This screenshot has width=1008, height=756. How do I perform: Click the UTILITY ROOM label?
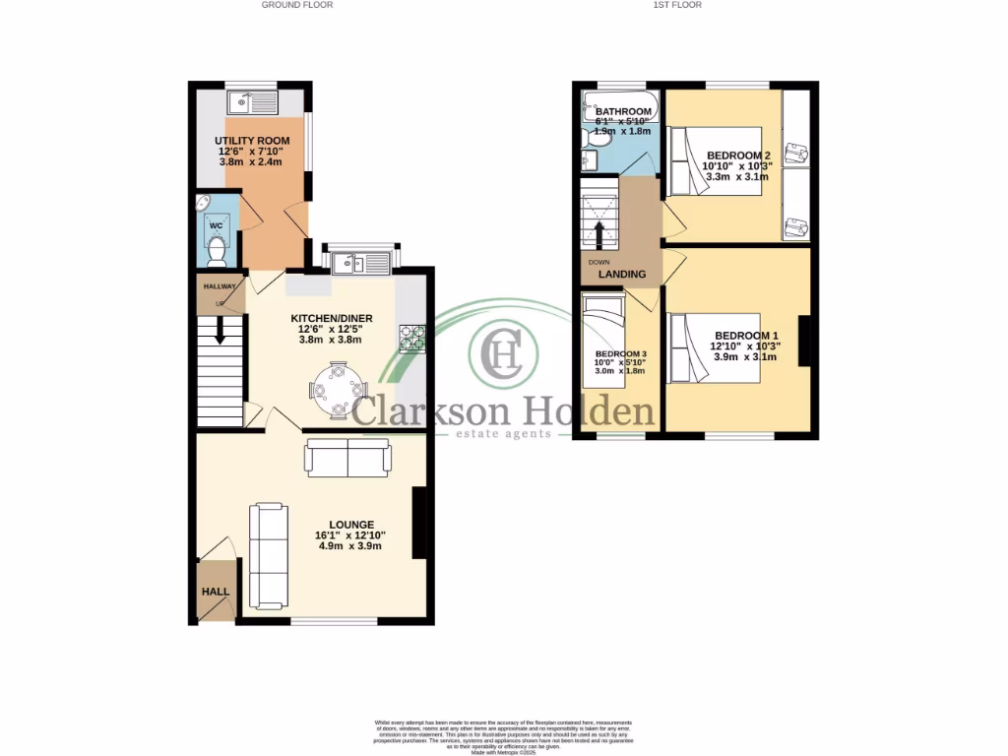(x=249, y=141)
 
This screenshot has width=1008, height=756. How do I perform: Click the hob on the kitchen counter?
(x=411, y=338)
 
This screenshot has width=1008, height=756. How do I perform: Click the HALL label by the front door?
(x=216, y=593)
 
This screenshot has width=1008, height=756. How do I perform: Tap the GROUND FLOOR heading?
(x=296, y=5)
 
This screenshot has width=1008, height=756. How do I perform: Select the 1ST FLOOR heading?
(x=676, y=5)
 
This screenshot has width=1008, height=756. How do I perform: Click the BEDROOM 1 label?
(x=744, y=336)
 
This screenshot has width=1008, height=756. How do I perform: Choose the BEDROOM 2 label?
(x=737, y=156)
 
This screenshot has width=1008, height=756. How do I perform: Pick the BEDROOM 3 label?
(x=621, y=354)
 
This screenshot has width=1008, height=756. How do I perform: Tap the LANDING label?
(x=622, y=275)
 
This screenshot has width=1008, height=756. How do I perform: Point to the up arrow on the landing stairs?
(x=598, y=234)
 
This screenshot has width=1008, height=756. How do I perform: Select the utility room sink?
(x=253, y=102)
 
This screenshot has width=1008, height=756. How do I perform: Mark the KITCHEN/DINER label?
(x=331, y=318)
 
